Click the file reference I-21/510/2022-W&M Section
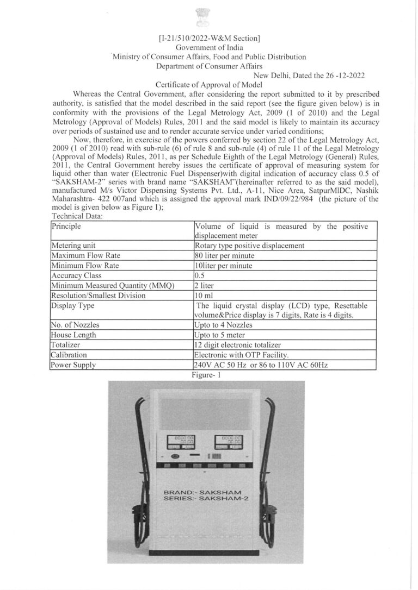208,38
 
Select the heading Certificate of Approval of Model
209,84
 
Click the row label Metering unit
73,246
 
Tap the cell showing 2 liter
204,285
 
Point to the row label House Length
73,335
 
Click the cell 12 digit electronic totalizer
238,345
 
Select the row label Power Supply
73,365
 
